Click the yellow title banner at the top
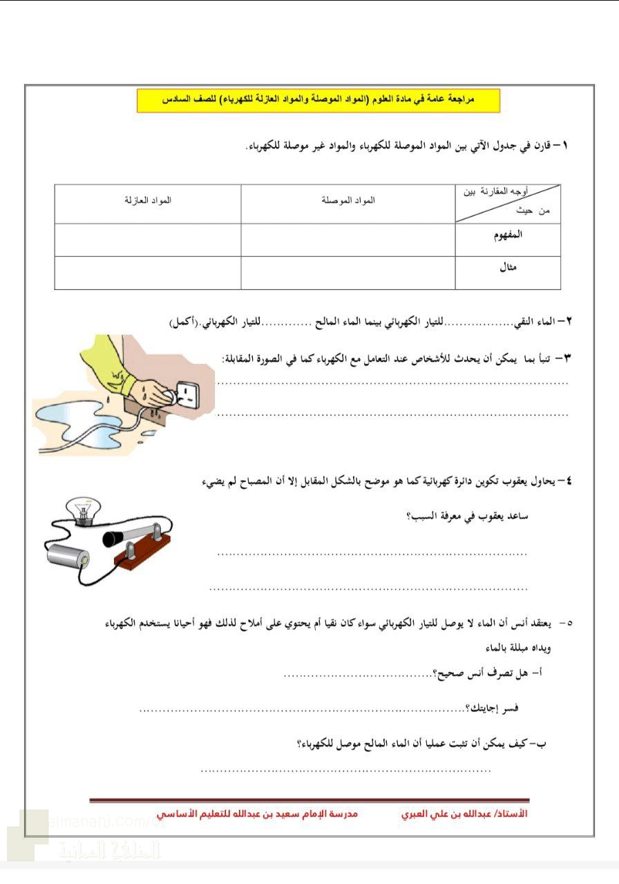[318, 100]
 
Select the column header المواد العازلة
[147, 200]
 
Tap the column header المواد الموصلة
[348, 200]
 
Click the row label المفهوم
[509, 235]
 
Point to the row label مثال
[509, 268]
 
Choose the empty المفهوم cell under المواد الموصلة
[348, 240]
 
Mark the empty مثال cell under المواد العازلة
[147, 273]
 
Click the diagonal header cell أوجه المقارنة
[508, 203]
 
